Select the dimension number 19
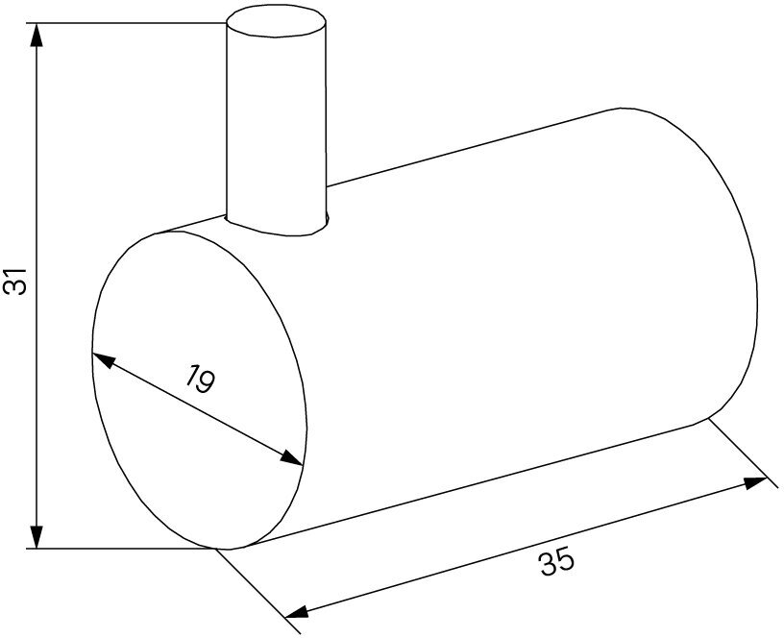pyautogui.click(x=199, y=381)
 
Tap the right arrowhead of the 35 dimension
pyautogui.click(x=756, y=483)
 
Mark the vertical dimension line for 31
pyautogui.click(x=37, y=192)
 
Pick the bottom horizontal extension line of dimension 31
pyautogui.click(x=125, y=549)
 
